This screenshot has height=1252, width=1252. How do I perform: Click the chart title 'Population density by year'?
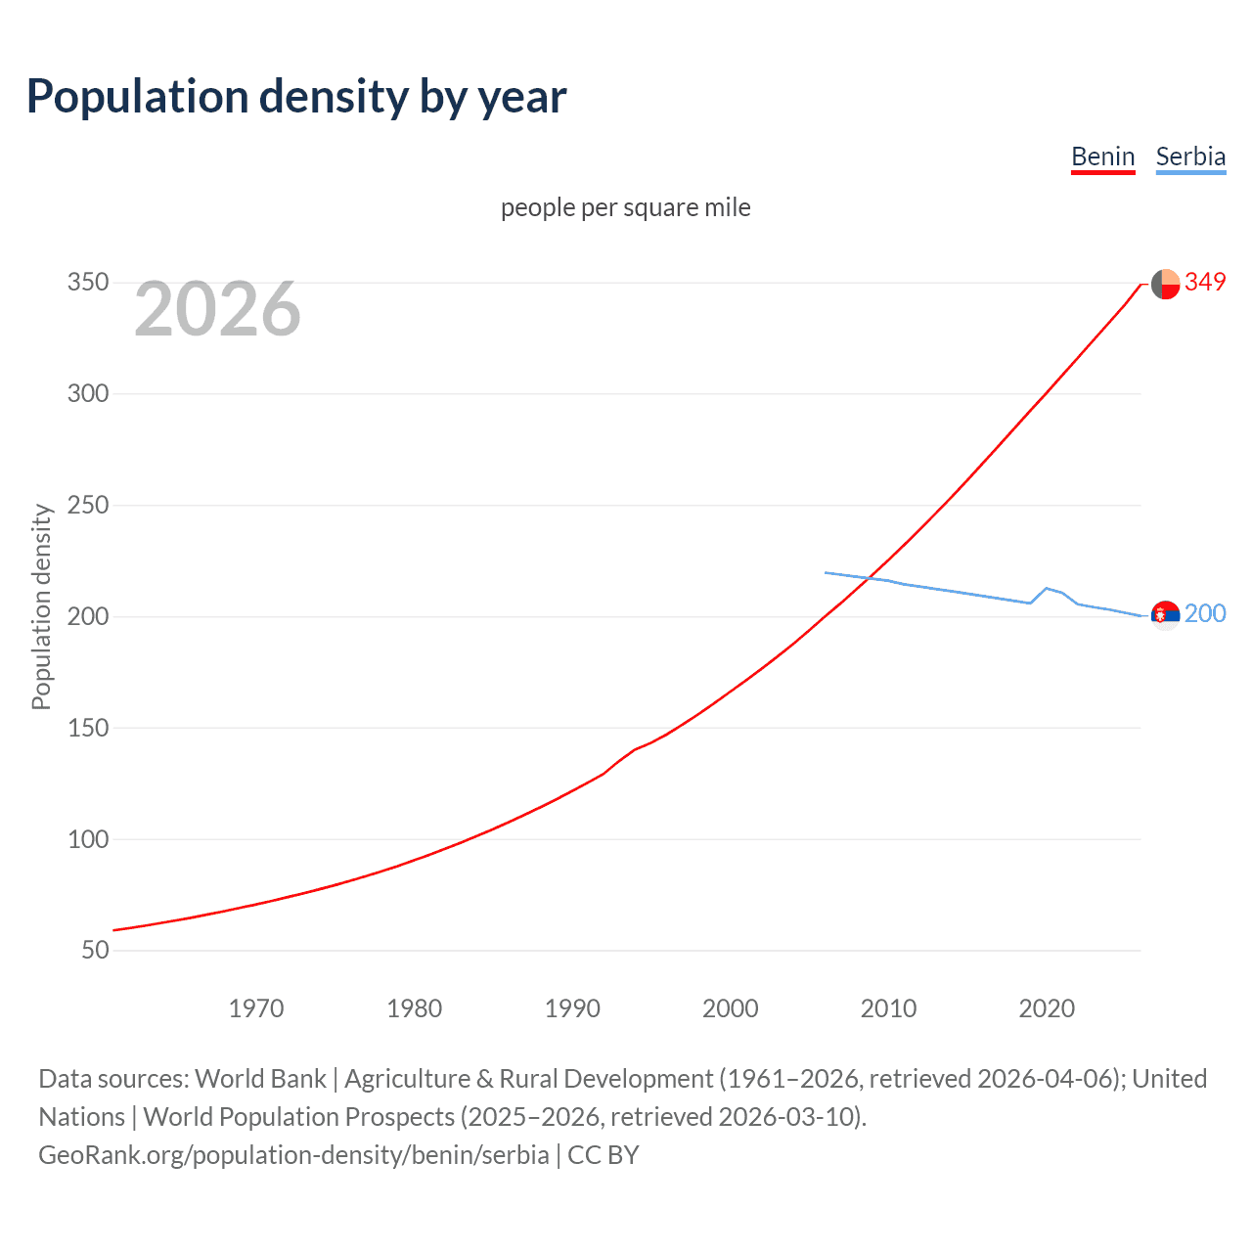point(296,97)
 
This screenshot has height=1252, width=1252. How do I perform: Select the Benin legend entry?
point(1102,156)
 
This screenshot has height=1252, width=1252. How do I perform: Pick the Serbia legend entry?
point(1190,156)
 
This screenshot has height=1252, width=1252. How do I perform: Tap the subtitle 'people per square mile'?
point(625,207)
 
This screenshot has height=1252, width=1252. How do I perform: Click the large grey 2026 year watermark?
point(217,309)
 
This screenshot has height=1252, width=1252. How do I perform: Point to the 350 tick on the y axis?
point(87,283)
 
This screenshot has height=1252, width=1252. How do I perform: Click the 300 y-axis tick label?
point(87,394)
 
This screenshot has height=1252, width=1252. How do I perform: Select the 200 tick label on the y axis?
point(87,616)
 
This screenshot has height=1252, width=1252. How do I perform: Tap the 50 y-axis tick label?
point(94,950)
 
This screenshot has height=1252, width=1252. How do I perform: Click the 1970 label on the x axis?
point(256,1008)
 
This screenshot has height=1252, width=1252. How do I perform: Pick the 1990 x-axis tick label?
point(572,1008)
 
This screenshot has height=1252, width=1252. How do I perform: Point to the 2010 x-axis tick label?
point(888,1008)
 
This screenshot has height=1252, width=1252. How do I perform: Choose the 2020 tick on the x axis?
point(1047,1008)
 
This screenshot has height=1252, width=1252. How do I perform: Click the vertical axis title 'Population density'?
point(41,606)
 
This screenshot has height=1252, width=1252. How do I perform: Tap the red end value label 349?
point(1205,283)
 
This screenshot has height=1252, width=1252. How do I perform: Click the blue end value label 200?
point(1205,613)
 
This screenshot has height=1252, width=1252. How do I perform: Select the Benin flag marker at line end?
point(1165,284)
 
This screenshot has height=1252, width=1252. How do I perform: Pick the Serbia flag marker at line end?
point(1165,615)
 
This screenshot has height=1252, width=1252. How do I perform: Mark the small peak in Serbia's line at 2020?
point(1047,588)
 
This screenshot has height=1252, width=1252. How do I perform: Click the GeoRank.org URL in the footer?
point(293,1155)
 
